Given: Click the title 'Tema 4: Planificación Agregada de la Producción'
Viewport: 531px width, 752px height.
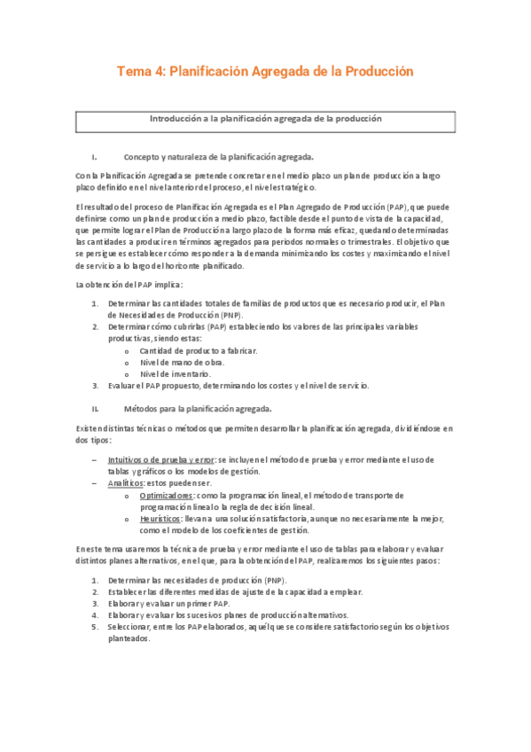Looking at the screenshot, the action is point(265,70).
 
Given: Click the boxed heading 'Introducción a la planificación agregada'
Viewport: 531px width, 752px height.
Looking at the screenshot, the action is point(264,118).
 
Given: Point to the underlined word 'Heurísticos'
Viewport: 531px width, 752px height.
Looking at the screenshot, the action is point(164,518).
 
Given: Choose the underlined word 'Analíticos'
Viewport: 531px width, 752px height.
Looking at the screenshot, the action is point(125,482).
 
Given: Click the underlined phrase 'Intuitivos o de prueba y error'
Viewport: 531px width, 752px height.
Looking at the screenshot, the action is point(160,459).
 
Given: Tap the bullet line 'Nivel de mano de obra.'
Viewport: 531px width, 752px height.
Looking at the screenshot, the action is point(182,363).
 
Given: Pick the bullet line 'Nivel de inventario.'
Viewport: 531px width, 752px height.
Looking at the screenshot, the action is point(178,374).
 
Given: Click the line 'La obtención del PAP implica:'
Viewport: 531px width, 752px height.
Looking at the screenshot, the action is point(129,285).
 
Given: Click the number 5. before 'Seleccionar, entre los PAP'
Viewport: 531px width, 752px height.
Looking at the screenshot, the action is point(95,626).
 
